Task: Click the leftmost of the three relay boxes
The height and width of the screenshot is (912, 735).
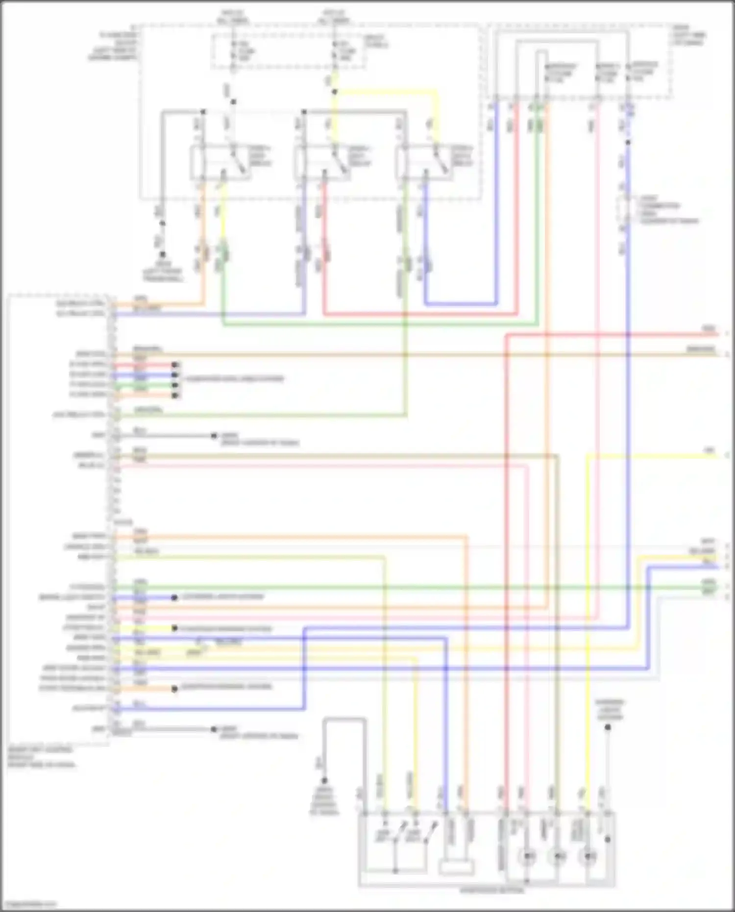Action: coord(220,163)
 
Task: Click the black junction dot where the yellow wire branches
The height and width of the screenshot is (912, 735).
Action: coord(335,92)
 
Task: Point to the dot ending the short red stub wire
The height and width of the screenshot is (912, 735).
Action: coord(175,365)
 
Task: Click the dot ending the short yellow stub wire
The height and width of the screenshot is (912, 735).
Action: coord(174,628)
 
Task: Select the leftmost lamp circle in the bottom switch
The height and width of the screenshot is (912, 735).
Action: coord(528,856)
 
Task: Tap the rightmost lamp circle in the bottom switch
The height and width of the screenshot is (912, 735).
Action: coord(588,856)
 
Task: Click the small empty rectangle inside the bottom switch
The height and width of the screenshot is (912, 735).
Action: coord(457,867)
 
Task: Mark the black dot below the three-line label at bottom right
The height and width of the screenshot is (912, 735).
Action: coord(608,727)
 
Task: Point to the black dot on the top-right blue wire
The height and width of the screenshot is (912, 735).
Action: coord(628,143)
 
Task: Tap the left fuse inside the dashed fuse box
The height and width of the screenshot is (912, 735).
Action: coord(233,51)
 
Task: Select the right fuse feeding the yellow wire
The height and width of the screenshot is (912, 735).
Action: coord(335,51)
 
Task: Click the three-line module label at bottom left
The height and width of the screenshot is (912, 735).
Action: coord(41,757)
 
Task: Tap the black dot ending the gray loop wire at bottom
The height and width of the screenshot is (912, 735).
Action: coord(324,781)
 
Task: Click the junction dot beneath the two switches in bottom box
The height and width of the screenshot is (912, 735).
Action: coord(395,871)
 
